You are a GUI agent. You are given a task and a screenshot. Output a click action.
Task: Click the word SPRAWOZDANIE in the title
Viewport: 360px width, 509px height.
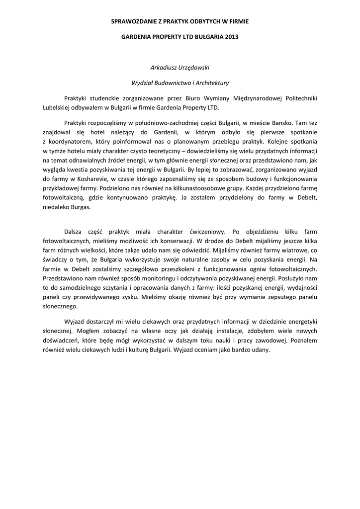[x=131, y=22]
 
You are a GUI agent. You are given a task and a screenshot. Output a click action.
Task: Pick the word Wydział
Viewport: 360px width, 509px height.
[x=143, y=83]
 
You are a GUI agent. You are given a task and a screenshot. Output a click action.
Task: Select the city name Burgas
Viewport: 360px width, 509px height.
[x=81, y=207]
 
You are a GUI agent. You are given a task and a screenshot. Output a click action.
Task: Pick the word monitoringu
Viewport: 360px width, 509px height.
[x=149, y=278]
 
